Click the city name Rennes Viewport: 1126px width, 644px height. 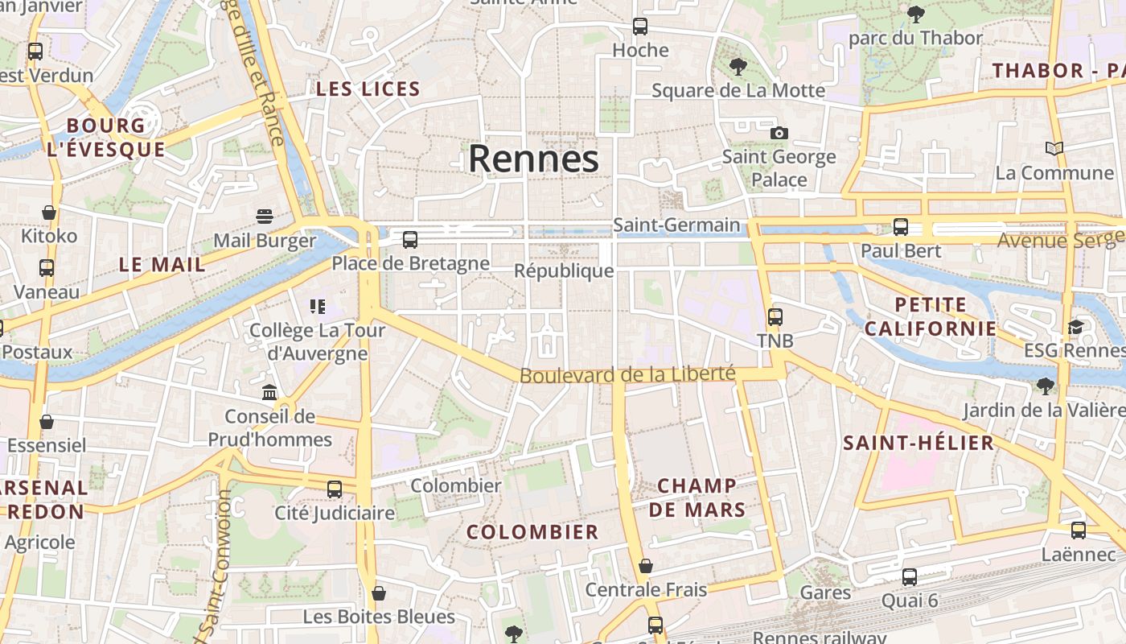(533, 159)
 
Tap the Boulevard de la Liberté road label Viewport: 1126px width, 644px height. (627, 374)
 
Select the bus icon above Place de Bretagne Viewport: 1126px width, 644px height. (410, 239)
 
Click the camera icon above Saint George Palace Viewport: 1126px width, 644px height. (779, 133)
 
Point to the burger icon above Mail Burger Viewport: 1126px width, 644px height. (265, 216)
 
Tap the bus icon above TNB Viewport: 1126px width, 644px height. (775, 316)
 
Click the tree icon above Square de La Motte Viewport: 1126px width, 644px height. (738, 67)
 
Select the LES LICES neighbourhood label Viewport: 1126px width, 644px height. (368, 89)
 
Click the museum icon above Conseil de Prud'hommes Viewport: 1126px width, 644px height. (269, 392)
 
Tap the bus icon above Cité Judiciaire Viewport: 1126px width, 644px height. (335, 489)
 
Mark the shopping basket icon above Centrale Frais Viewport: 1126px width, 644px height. (645, 566)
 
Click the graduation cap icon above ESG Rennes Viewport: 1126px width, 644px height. (1075, 327)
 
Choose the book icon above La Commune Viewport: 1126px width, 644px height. (1054, 148)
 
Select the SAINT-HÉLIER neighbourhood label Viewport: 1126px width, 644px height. (918, 443)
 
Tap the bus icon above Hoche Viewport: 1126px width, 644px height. (640, 27)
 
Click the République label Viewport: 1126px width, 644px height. (564, 270)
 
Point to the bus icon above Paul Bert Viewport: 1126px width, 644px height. (901, 227)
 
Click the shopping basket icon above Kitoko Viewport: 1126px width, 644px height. (49, 213)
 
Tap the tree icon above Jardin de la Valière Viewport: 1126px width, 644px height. (1045, 386)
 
